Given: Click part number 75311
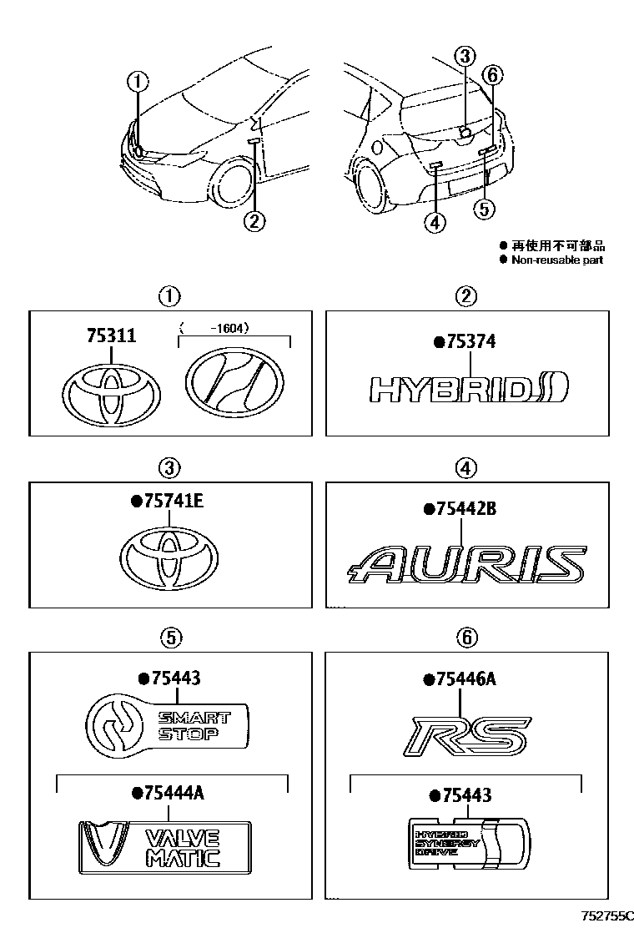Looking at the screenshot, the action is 111,335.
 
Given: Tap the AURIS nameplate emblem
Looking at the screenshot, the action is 465,565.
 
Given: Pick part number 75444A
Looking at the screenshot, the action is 167,793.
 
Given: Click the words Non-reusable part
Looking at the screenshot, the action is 556,260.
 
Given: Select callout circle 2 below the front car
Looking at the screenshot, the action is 254,220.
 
